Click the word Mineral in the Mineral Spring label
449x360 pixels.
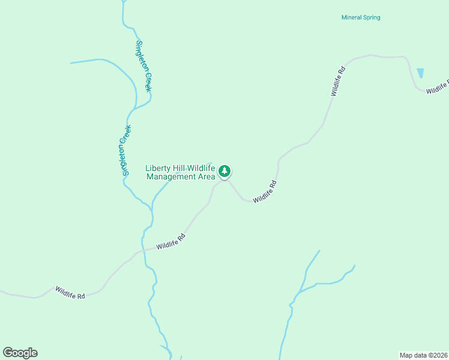pos(351,17)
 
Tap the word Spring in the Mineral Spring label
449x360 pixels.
pos(372,17)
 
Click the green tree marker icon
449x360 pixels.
pos(224,172)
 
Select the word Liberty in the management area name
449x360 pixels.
pos(158,168)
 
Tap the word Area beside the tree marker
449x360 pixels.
pos(206,177)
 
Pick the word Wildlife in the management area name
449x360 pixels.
pos(202,168)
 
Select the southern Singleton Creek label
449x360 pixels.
pos(125,150)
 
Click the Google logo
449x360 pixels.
pos(20,353)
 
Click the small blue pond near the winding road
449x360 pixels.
pos(420,73)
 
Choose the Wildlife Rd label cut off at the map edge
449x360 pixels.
pos(438,89)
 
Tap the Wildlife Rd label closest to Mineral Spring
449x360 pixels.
pos(338,82)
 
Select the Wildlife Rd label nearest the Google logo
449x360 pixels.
pos(70,292)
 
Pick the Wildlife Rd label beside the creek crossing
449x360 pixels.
pos(171,242)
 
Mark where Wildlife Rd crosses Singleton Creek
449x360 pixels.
pos(143,250)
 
